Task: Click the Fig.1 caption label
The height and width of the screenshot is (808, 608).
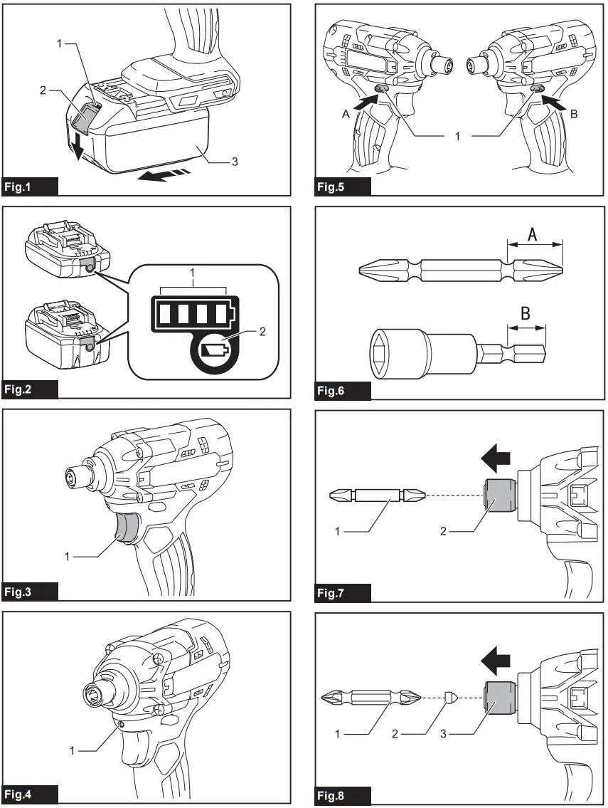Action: coord(29,187)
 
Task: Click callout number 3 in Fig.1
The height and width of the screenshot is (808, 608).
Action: coord(234,162)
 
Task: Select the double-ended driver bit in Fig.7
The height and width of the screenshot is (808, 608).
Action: coord(378,495)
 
